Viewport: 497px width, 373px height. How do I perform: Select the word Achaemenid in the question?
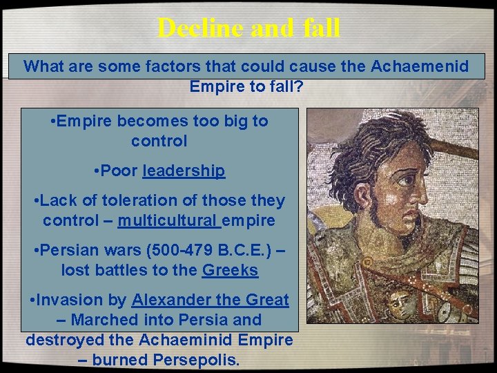(x=420, y=67)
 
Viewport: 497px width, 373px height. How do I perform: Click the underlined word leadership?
(x=184, y=171)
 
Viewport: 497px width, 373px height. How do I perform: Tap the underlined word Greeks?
(x=231, y=271)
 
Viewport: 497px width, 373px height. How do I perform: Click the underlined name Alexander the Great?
(x=211, y=300)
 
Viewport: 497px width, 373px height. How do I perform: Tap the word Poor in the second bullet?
(x=119, y=171)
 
